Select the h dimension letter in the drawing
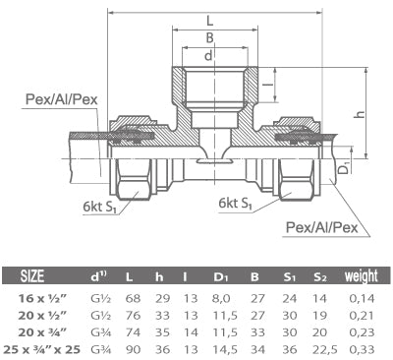(361, 115)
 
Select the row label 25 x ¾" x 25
(52, 348)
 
